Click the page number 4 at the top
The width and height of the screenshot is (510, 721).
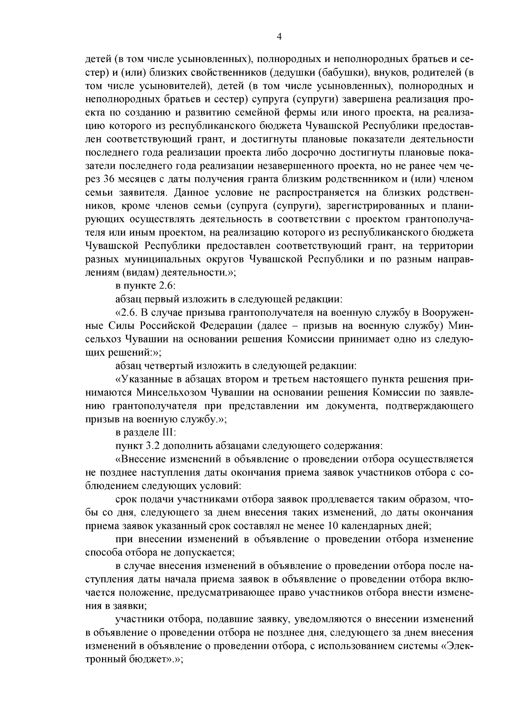[279, 37]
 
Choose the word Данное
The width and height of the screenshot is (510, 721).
[183, 193]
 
